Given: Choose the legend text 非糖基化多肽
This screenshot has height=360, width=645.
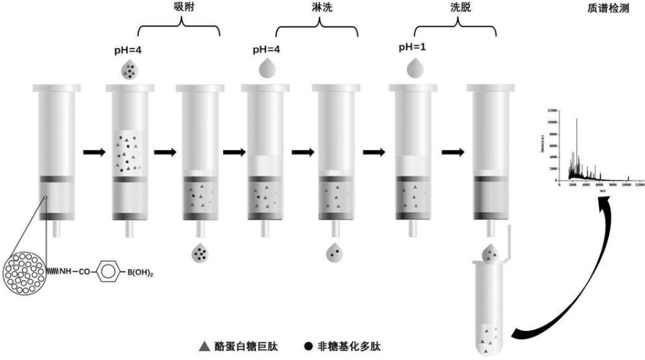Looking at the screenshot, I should (x=354, y=345).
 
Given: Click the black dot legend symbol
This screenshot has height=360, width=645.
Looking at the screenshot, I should (x=308, y=345).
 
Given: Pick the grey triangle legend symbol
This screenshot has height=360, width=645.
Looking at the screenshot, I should (x=203, y=345).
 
